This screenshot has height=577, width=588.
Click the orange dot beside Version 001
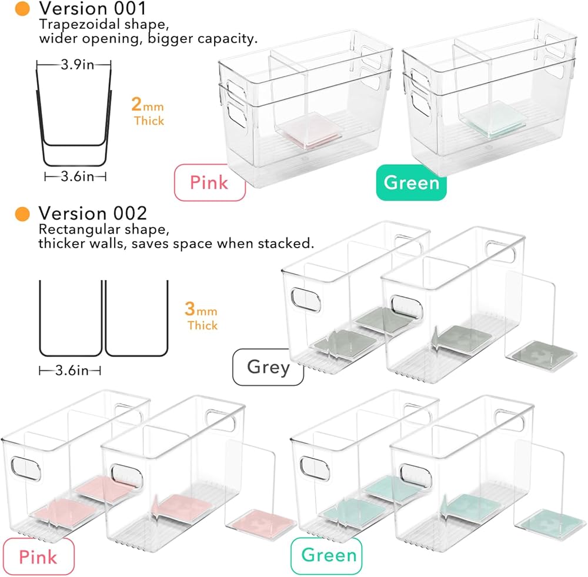coord(23,9)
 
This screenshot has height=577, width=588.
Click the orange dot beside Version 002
coord(23,213)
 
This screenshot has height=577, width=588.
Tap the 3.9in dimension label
coord(74,64)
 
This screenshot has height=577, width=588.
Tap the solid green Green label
coord(412,182)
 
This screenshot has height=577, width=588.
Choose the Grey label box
coord(268,367)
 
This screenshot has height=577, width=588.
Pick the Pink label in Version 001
coord(209,183)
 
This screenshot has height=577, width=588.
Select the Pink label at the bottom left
coord(38,556)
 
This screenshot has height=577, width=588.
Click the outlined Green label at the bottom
coord(329,555)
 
